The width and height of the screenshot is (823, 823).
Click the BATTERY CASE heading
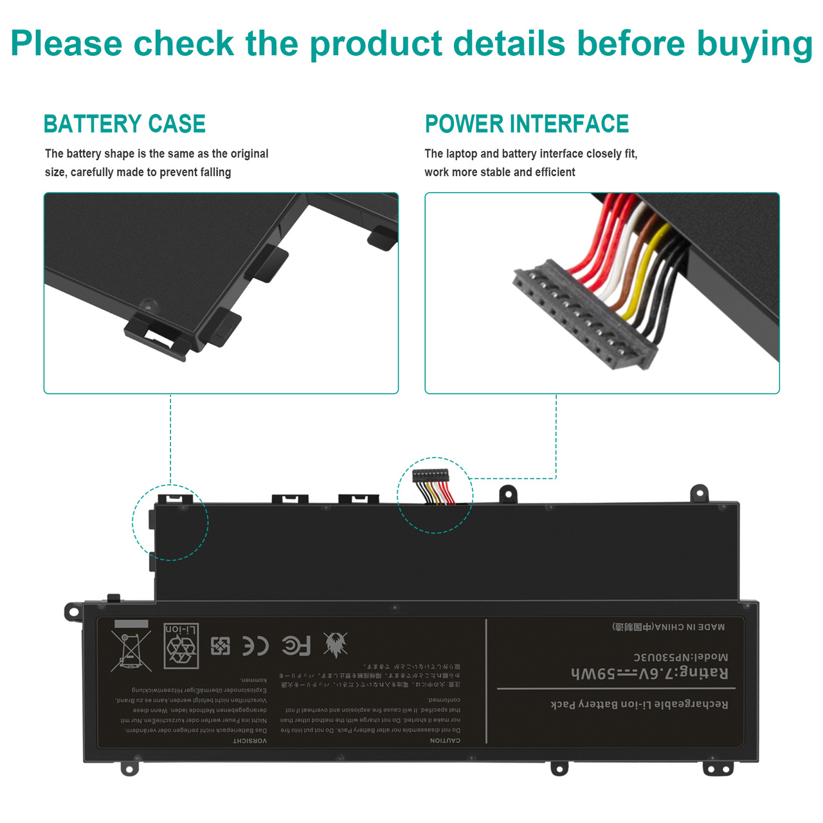tap(125, 123)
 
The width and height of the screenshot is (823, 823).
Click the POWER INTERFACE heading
tap(527, 123)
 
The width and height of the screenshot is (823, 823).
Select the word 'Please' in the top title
tap(66, 44)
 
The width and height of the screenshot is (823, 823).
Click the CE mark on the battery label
tap(255, 646)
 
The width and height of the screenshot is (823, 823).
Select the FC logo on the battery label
tap(296, 645)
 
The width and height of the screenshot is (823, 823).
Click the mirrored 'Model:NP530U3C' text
tap(680, 657)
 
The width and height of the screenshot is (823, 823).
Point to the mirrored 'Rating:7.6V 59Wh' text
tap(649, 673)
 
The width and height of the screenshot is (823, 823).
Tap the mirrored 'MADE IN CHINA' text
tap(669, 627)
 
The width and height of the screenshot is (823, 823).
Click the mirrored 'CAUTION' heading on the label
tap(445, 741)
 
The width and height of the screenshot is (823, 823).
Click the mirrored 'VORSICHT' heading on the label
tap(250, 741)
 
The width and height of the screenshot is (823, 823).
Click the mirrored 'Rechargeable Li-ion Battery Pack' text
tap(639, 704)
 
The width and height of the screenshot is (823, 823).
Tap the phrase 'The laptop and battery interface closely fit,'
tap(530, 154)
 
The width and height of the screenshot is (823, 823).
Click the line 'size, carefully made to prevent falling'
tap(138, 172)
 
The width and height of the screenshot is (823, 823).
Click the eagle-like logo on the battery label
tap(335, 644)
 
